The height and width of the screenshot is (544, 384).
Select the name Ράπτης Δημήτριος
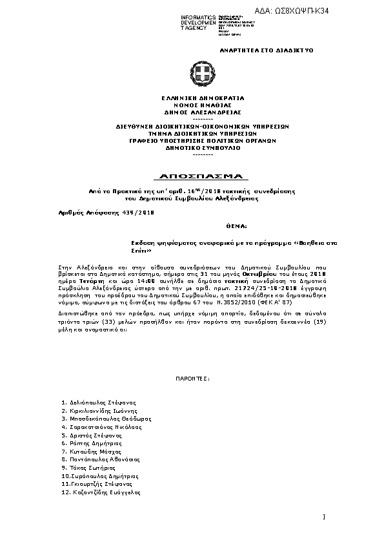94,443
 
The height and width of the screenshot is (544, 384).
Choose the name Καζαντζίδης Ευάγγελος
104,492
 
